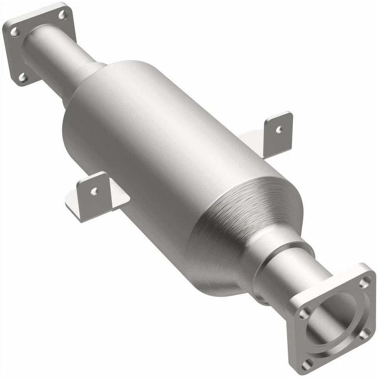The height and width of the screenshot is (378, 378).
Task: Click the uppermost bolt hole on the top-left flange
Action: point(62,15)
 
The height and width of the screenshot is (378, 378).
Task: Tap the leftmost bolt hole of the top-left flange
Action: point(14,32)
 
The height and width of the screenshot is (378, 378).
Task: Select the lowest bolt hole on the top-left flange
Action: point(22,77)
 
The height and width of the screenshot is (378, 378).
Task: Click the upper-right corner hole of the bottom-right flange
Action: point(365,282)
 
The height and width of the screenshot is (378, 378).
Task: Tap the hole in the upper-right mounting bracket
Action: point(279,129)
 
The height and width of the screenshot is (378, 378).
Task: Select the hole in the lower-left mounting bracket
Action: point(94,191)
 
